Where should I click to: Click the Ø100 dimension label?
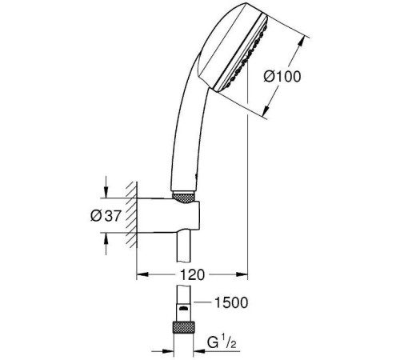(x=282, y=77)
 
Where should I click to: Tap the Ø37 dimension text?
(x=106, y=215)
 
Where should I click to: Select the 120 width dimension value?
(x=192, y=274)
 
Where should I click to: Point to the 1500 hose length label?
(x=231, y=302)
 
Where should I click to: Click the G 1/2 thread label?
(x=222, y=343)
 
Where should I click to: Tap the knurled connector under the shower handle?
(x=183, y=198)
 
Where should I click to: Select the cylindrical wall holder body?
(x=168, y=215)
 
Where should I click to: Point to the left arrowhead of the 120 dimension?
(x=142, y=274)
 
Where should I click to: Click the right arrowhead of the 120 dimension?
(x=242, y=274)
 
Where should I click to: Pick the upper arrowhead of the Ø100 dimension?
(x=301, y=42)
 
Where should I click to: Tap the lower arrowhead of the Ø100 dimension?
(x=267, y=110)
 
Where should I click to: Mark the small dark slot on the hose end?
(x=183, y=309)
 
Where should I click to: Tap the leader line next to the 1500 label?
(x=203, y=302)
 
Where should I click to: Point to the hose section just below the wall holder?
(x=183, y=246)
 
